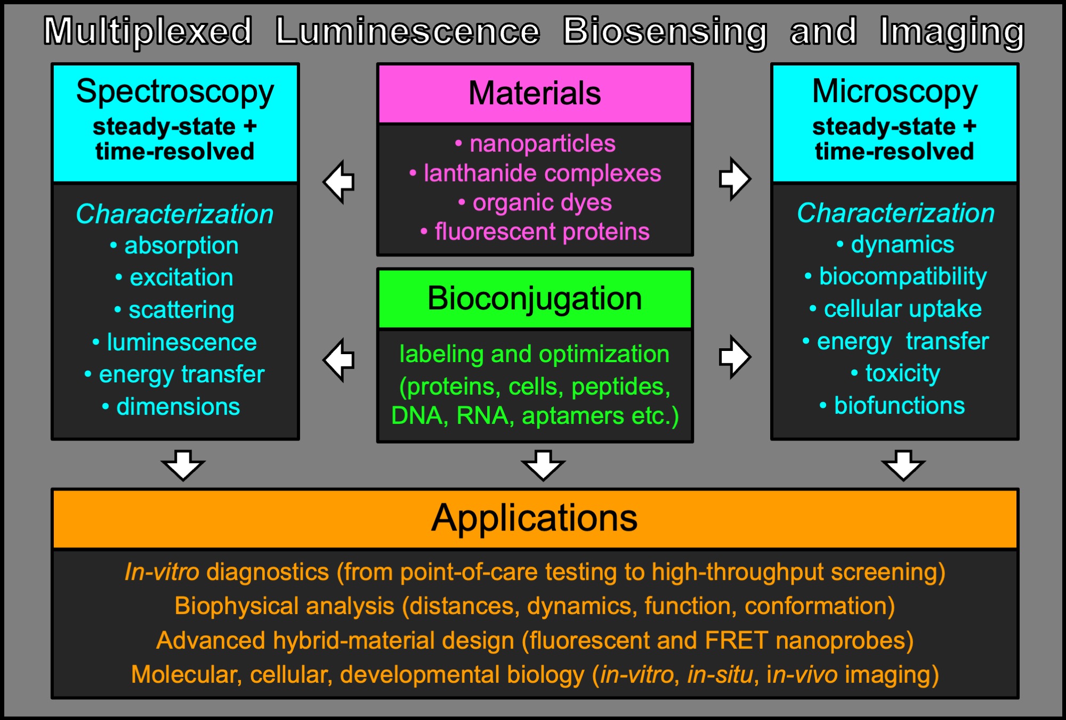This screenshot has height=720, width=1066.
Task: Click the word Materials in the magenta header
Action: pyautogui.click(x=535, y=94)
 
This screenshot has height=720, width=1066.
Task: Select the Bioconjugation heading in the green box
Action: pyautogui.click(x=535, y=298)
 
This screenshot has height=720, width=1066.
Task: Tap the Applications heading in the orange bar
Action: pyautogui.click(x=535, y=518)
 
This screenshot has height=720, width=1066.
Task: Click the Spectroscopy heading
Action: pyautogui.click(x=175, y=92)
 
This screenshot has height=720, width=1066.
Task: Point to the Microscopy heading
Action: pyautogui.click(x=894, y=92)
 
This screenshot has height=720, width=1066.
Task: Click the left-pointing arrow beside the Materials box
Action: pyautogui.click(x=340, y=182)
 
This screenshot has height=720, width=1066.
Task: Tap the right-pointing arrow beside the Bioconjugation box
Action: pyautogui.click(x=734, y=357)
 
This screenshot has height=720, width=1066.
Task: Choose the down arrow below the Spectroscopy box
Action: pyautogui.click(x=183, y=464)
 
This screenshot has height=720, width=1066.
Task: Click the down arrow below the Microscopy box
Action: pyautogui.click(x=903, y=464)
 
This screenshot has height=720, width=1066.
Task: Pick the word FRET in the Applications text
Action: pyautogui.click(x=736, y=641)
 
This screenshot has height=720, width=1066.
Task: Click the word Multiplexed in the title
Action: pyautogui.click(x=148, y=31)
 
